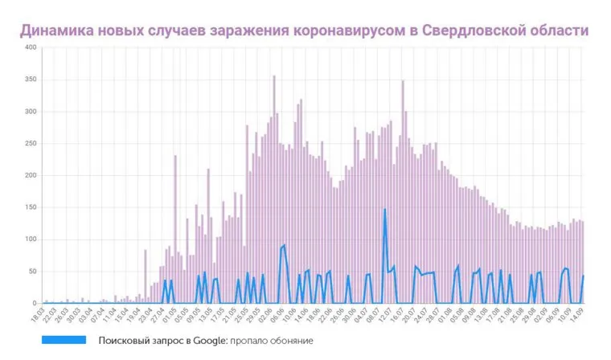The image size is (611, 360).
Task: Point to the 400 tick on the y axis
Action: [x=31, y=47]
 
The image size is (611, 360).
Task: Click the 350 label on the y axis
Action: [x=31, y=80]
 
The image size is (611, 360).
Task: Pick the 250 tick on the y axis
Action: [x=31, y=144]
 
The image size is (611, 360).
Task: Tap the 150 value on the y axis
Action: [x=31, y=207]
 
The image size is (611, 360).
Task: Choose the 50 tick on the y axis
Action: [x=33, y=272]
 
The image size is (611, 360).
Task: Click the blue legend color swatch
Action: [x=66, y=340]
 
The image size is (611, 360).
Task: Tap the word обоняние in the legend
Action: [x=286, y=341]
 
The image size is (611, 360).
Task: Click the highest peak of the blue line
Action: [x=385, y=210]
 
